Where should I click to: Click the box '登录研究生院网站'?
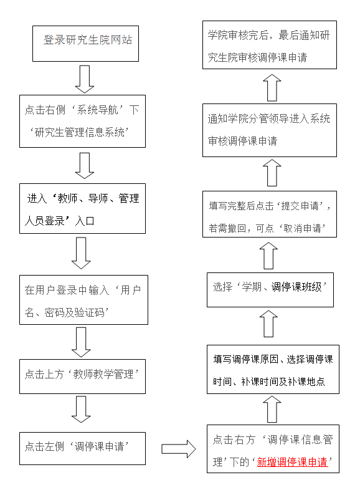coord(85,44)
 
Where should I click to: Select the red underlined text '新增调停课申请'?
coord(292,462)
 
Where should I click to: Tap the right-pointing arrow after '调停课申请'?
coord(179,449)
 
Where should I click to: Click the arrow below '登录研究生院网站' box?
coord(85,79)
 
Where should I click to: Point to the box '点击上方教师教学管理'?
coord(82,377)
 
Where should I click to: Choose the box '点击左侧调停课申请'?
coord(82,448)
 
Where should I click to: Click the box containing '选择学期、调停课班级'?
coord(270,290)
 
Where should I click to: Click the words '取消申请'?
coord(302,228)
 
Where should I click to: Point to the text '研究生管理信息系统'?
coord(80,132)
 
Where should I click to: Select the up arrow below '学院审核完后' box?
coord(272,88)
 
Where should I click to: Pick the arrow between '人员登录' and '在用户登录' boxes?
coord(81,253)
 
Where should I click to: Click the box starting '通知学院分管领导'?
coord(270,130)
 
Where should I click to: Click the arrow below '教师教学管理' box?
coord(81,410)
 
